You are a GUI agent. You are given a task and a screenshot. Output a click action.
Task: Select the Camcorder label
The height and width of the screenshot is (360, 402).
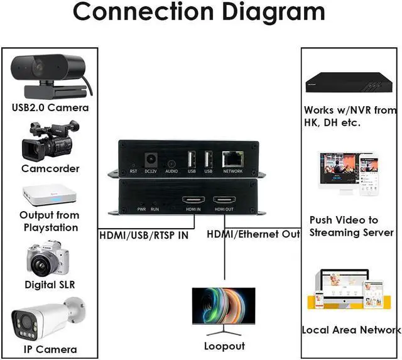50,168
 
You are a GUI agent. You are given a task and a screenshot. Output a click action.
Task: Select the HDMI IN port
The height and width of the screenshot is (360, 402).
192,200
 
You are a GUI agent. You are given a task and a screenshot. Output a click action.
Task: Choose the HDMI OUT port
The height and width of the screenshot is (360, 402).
224,200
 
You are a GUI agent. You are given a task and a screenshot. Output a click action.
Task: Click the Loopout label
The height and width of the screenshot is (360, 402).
223,346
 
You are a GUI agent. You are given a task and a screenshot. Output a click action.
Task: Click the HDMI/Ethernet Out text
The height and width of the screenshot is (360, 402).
254,234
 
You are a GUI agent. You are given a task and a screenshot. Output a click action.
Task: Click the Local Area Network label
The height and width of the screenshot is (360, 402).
350,329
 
